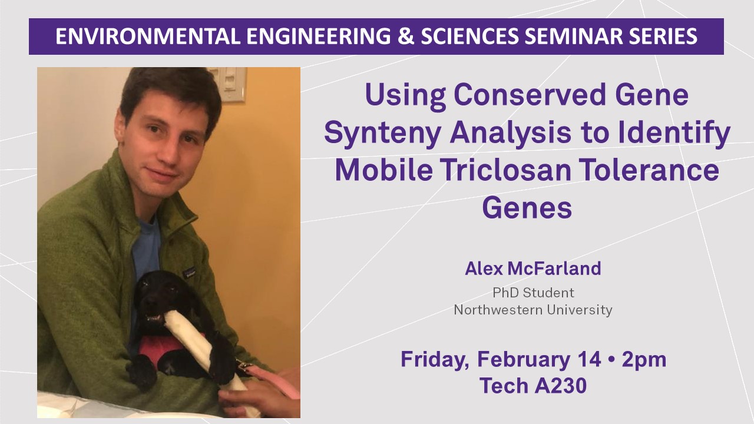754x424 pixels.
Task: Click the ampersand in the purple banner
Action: [x=406, y=37]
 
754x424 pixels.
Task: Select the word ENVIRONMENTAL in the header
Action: [x=148, y=37]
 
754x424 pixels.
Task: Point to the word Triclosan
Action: [x=507, y=170]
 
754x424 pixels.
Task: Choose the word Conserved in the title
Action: [x=531, y=95]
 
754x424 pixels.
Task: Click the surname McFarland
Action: [x=554, y=269]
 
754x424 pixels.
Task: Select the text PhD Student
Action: [x=533, y=293]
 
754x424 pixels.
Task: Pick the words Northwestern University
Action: [x=533, y=310]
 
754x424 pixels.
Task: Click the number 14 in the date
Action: [x=589, y=359]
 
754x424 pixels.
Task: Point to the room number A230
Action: [x=561, y=386]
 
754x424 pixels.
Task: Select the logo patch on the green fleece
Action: [x=189, y=271]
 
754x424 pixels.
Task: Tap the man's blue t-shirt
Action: [x=145, y=249]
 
